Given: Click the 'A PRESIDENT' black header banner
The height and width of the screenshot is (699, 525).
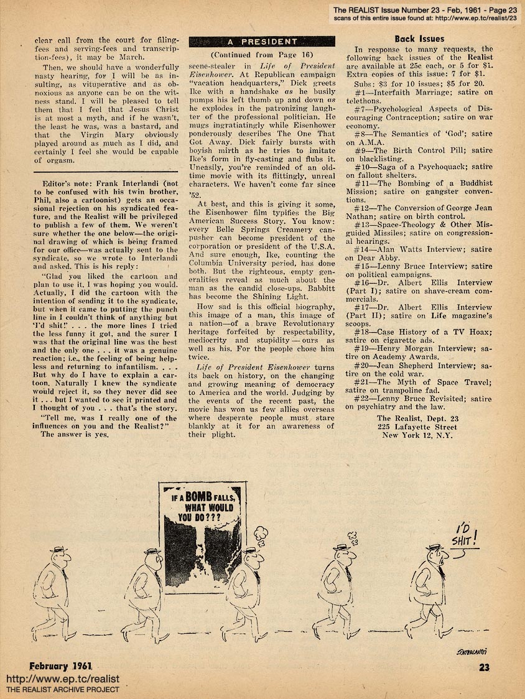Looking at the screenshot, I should (x=262, y=42).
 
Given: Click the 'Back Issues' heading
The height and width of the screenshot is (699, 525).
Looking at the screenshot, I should (x=419, y=39).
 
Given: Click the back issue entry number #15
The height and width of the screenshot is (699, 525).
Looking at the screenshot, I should (x=363, y=266).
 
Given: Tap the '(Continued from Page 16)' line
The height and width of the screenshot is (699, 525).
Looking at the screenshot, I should (x=261, y=55).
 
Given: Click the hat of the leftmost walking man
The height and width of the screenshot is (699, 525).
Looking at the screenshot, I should (x=58, y=550).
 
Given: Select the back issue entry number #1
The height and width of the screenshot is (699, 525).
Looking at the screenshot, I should (x=361, y=91).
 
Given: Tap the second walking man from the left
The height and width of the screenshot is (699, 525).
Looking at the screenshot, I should (x=147, y=588).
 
